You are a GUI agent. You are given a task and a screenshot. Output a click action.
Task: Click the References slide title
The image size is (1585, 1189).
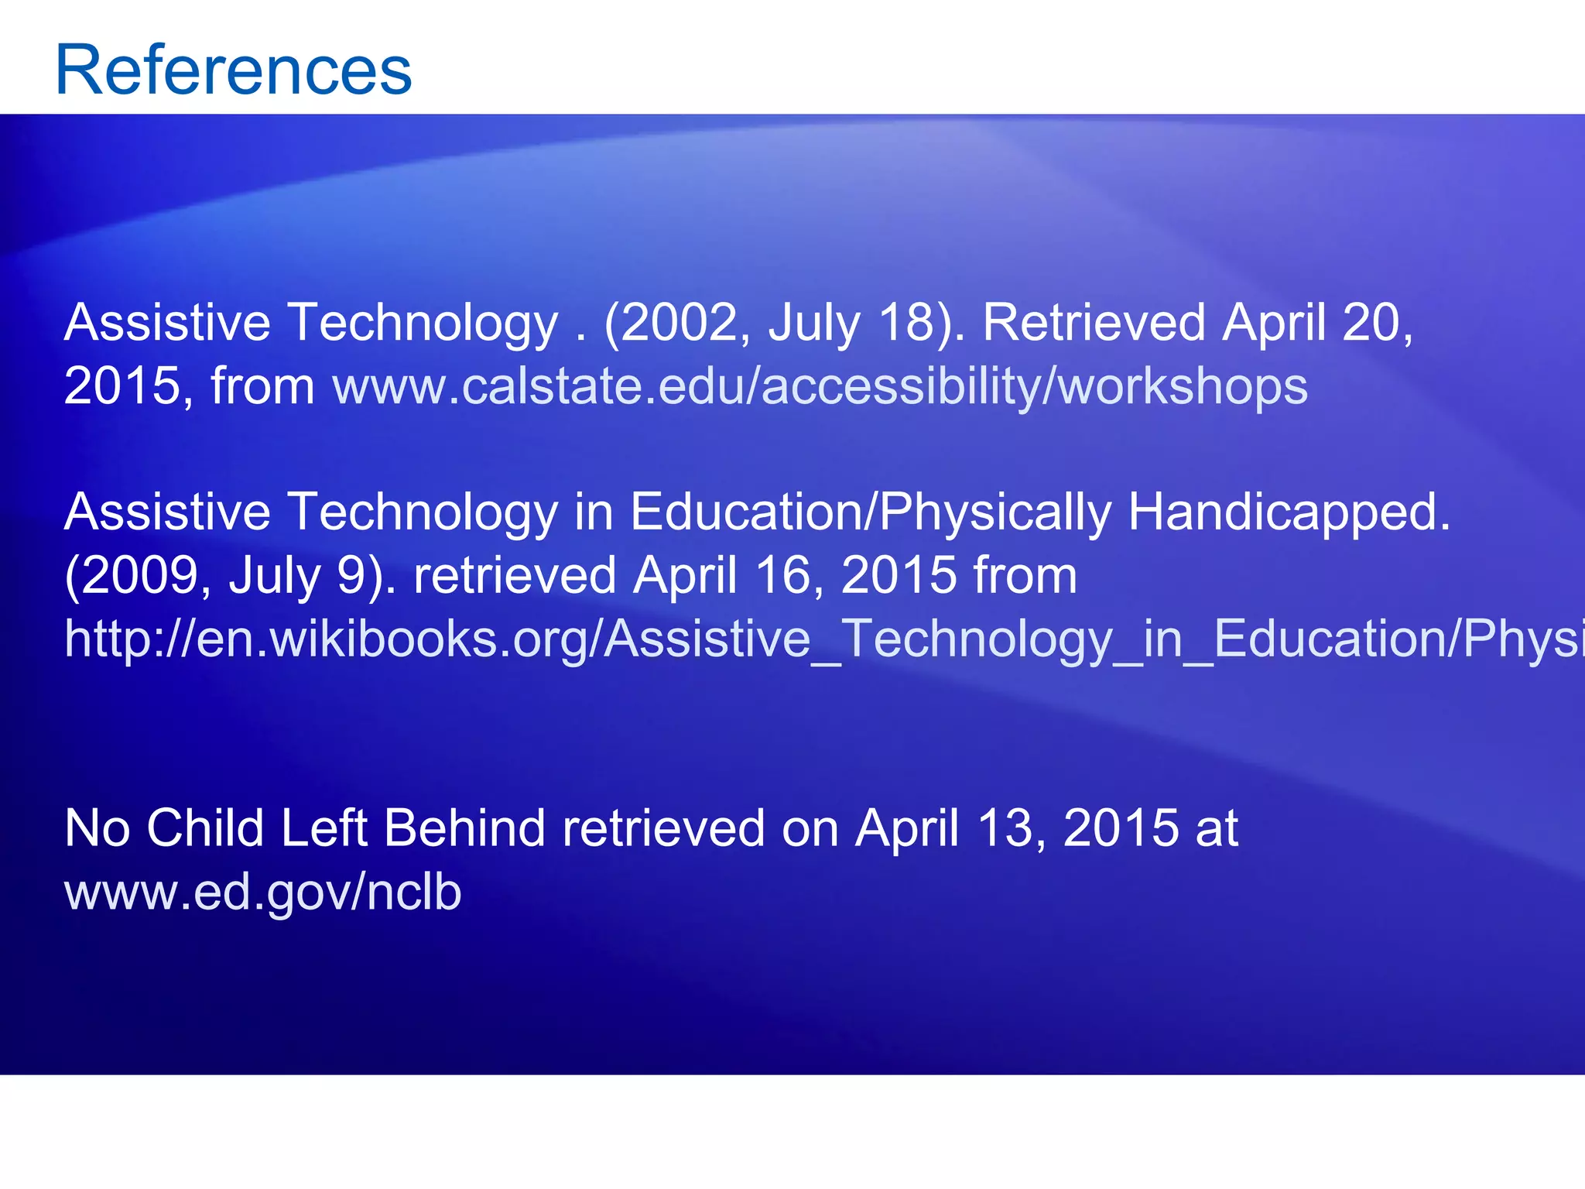pos(233,70)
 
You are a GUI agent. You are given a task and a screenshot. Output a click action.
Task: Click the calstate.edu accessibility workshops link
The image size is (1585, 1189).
pos(820,386)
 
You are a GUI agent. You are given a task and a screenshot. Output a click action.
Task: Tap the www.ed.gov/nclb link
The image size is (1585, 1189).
pos(262,892)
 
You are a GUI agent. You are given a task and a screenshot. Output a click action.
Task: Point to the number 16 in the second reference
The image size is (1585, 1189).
pos(784,576)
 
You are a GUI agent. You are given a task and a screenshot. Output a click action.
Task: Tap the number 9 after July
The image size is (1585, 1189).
pos(353,576)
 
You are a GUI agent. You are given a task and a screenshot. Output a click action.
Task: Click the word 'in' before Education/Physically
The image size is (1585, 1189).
pos(593,512)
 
